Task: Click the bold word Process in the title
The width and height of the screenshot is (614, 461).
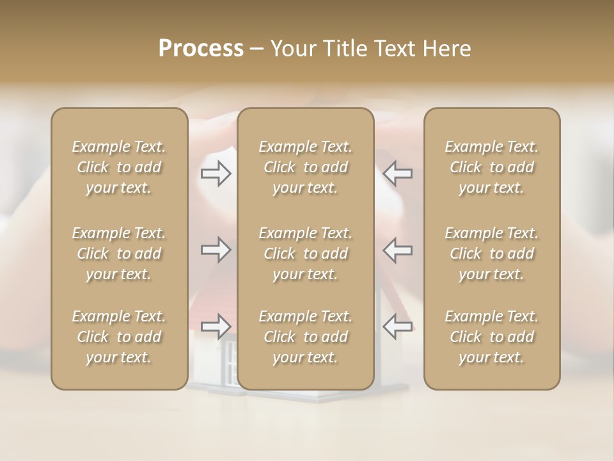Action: pyautogui.click(x=201, y=48)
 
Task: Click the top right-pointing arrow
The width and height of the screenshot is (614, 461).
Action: pyautogui.click(x=216, y=174)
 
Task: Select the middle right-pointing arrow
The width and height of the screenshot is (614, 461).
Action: pyautogui.click(x=216, y=250)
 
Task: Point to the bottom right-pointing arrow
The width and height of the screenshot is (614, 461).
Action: pyautogui.click(x=216, y=326)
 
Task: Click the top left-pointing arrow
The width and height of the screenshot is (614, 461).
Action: pyautogui.click(x=398, y=174)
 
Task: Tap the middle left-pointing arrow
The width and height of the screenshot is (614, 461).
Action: pyautogui.click(x=398, y=250)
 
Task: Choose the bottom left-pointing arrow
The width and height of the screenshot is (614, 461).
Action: pyautogui.click(x=398, y=326)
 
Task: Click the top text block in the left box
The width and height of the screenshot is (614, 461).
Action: pyautogui.click(x=119, y=167)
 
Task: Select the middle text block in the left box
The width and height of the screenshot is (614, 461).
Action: pyautogui.click(x=119, y=254)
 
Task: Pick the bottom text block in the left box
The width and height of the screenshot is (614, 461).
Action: pyautogui.click(x=119, y=337)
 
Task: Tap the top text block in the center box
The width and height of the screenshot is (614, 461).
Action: pyautogui.click(x=306, y=167)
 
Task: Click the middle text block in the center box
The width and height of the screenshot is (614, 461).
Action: pyautogui.click(x=306, y=254)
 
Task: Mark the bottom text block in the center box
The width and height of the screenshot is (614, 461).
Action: pyautogui.click(x=306, y=337)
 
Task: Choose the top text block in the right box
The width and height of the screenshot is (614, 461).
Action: pyautogui.click(x=492, y=167)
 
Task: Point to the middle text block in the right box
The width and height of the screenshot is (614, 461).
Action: pyautogui.click(x=492, y=254)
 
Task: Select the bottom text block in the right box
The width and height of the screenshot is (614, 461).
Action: pyautogui.click(x=492, y=337)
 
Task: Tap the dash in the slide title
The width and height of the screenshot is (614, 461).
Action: pyautogui.click(x=257, y=49)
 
